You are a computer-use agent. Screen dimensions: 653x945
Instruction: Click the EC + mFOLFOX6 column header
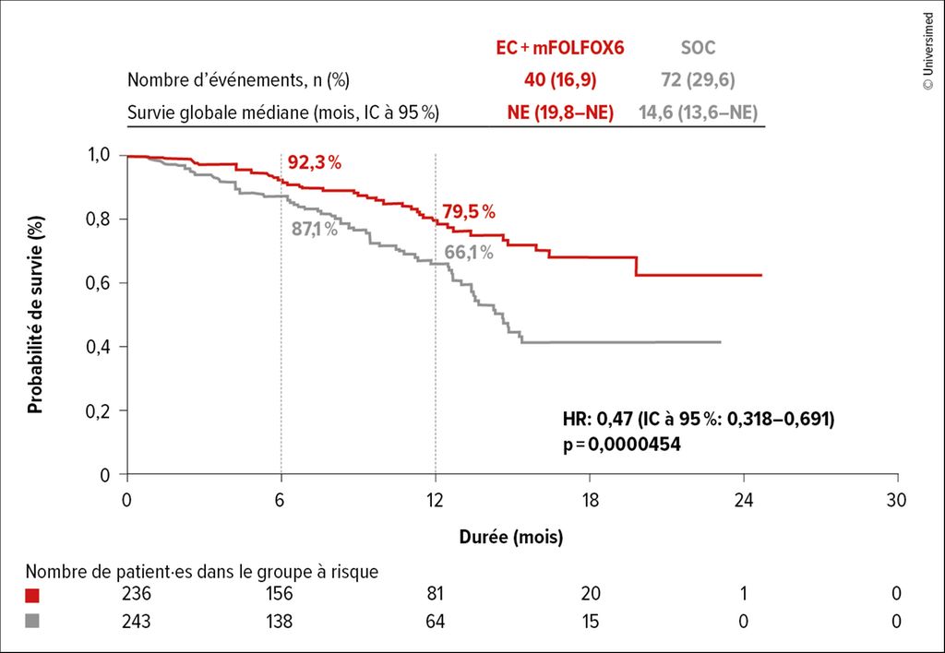coord(559,48)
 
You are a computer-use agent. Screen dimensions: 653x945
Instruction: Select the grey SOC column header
coord(697,48)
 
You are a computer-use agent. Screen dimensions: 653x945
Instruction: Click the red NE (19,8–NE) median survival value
coord(559,113)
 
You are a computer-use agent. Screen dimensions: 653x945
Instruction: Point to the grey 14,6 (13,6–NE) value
coord(700,113)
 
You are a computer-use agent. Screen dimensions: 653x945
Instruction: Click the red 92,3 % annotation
coord(315,163)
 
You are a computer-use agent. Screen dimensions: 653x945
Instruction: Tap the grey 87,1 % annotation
coord(315,229)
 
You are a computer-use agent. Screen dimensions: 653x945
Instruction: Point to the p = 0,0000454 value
coord(621,445)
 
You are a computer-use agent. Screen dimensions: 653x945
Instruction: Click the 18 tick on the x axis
coord(590,500)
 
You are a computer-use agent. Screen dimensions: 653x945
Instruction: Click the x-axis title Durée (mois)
coord(511,536)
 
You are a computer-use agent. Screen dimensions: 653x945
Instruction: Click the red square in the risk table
coord(34,595)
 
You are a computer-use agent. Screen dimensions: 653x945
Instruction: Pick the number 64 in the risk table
coord(435,623)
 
